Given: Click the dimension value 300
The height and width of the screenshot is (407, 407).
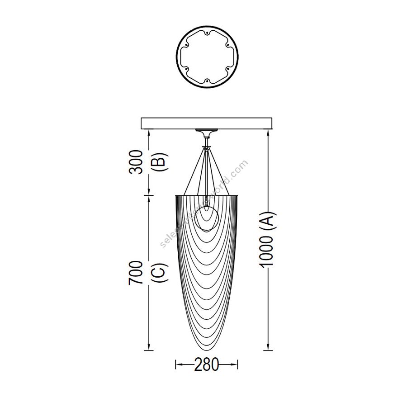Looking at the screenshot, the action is [x=136, y=162].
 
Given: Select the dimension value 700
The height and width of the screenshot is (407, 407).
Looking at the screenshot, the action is [x=136, y=273].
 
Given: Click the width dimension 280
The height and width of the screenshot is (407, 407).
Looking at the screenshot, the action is [x=207, y=364].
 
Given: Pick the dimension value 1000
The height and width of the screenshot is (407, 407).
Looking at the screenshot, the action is [x=267, y=251].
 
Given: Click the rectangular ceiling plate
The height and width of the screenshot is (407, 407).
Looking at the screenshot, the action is [x=206, y=123].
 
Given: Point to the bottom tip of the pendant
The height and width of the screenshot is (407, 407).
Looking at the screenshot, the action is [x=207, y=350].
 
